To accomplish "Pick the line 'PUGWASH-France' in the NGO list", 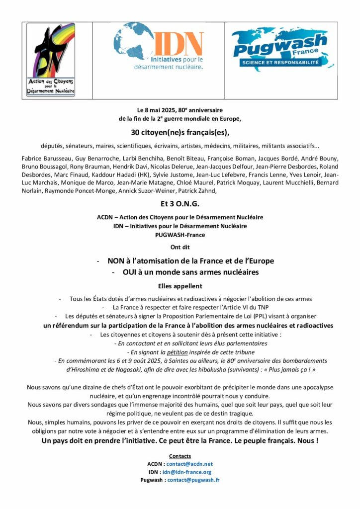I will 180,234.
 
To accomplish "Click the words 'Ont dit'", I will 180,247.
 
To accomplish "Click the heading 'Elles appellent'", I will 180,286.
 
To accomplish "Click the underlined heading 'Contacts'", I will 180,456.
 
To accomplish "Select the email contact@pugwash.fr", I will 193,480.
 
